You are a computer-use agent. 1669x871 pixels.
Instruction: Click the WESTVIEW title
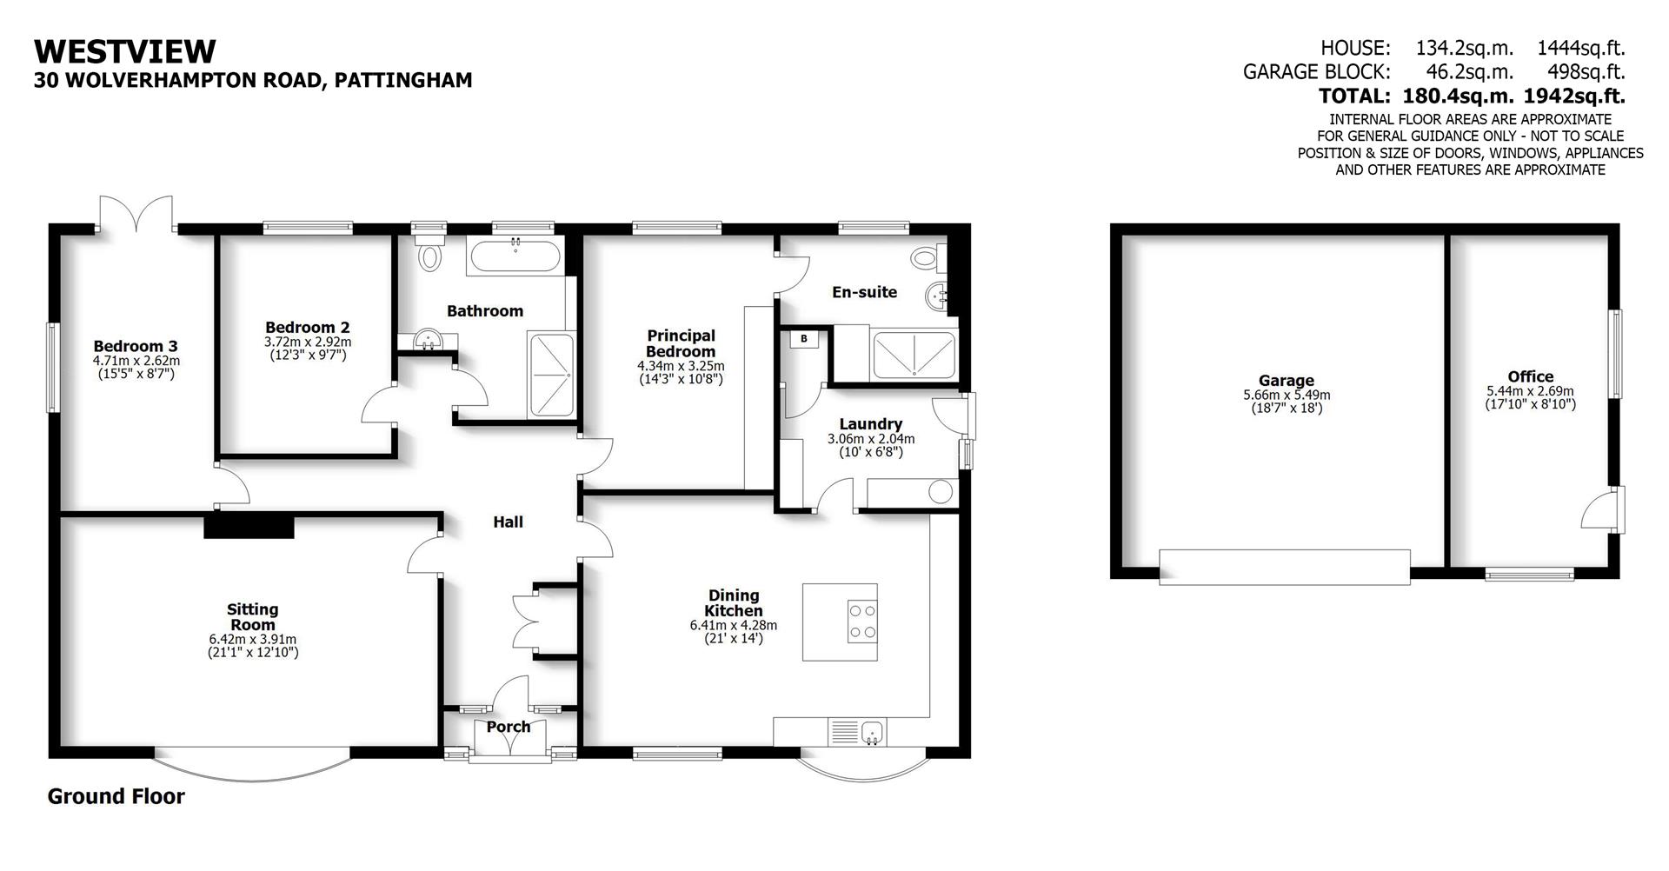point(124,51)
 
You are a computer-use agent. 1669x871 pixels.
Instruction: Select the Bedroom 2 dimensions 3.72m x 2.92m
point(308,342)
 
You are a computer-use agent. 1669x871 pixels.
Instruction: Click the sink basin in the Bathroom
point(427,339)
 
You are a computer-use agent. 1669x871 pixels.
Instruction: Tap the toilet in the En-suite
point(925,256)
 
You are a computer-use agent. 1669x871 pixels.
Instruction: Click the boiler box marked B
point(804,339)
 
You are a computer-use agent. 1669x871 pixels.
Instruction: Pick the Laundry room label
point(870,424)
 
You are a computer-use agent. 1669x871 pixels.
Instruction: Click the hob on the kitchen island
point(862,622)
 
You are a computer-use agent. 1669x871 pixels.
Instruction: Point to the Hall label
point(509,522)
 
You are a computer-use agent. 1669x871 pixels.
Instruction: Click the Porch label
point(509,727)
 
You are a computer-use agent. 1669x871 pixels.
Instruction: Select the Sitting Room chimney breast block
point(249,526)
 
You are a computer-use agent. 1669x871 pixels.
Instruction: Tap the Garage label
point(1286,380)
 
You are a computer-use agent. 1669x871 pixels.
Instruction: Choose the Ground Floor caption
point(116,796)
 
